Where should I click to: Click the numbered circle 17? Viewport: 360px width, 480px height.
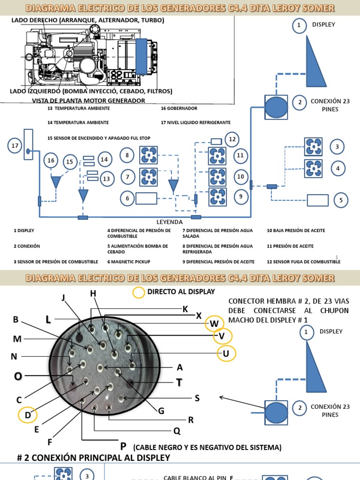(x=15, y=146)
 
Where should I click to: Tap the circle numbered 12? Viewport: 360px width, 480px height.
(x=232, y=139)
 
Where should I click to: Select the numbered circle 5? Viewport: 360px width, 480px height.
(x=341, y=200)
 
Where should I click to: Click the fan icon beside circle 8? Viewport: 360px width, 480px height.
(x=149, y=155)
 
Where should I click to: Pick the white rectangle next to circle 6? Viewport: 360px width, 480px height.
(x=146, y=199)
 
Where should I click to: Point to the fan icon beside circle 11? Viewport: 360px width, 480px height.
(x=217, y=155)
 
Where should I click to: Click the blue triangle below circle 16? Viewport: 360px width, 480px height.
(x=56, y=181)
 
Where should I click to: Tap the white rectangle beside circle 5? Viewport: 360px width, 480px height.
(x=317, y=200)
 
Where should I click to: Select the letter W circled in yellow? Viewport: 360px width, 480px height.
(x=214, y=323)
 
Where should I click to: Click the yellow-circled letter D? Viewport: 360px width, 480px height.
(x=28, y=415)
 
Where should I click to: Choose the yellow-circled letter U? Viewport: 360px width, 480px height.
(x=226, y=353)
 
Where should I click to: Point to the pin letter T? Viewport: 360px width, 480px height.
(x=179, y=383)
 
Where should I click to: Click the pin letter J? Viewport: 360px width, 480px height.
(x=63, y=298)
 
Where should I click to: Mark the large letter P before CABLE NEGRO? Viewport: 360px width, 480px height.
(x=123, y=446)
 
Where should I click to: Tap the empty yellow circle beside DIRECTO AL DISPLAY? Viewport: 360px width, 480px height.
(x=139, y=292)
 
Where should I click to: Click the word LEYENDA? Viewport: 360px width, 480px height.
(x=169, y=222)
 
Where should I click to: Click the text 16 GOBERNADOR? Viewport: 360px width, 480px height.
(x=179, y=108)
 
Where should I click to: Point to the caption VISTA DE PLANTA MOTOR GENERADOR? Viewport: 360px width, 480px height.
(x=88, y=100)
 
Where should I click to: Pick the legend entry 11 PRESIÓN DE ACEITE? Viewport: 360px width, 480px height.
(x=290, y=246)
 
